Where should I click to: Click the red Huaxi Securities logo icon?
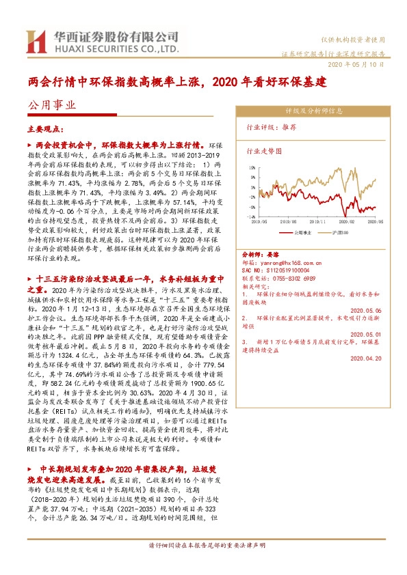pyautogui.click(x=35, y=42)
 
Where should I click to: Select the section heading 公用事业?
pyautogui.click(x=52, y=105)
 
